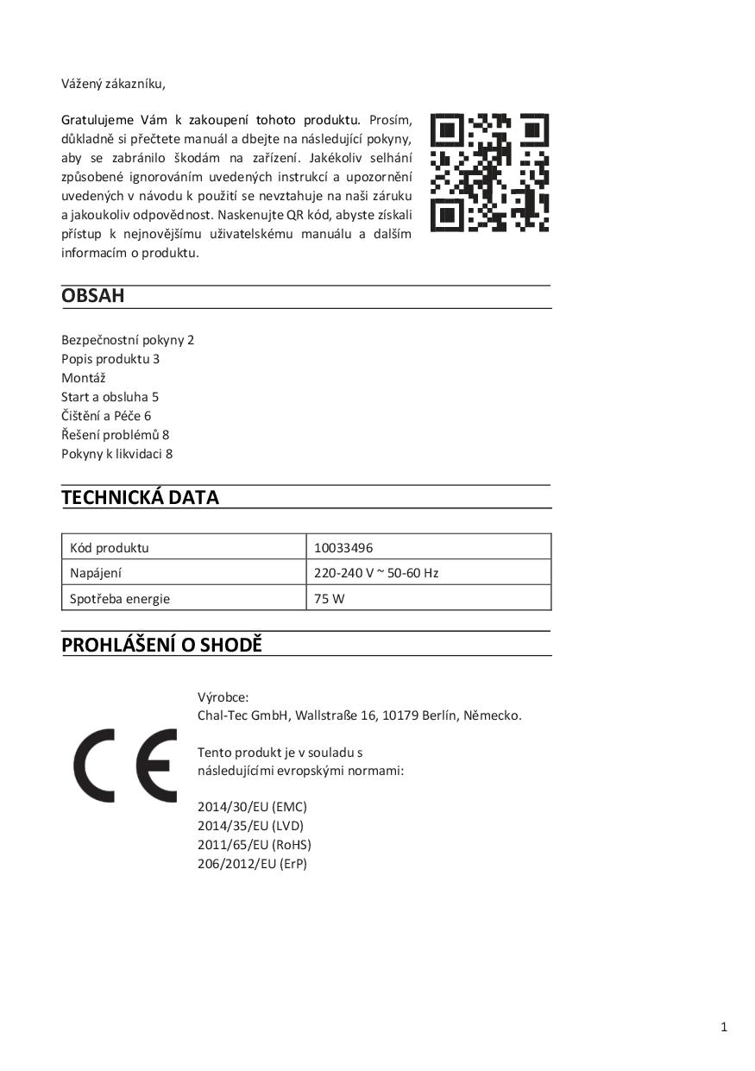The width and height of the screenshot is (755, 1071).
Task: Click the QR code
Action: point(489,173)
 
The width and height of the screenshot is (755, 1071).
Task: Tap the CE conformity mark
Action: point(125,765)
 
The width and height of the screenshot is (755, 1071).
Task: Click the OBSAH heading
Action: point(93,296)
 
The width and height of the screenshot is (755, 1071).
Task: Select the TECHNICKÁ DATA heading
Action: point(140,497)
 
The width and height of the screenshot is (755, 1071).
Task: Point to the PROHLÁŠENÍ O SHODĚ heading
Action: point(161,645)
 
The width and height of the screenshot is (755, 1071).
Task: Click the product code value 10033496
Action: point(343,547)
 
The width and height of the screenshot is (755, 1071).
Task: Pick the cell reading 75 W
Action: point(329,598)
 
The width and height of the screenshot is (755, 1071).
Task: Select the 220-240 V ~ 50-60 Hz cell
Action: point(376,572)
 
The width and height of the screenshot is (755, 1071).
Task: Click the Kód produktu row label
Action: point(109,547)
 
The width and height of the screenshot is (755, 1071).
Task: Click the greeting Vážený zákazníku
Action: point(113,84)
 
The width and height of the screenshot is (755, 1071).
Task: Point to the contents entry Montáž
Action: point(84,378)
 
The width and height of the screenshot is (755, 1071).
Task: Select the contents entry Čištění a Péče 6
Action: point(106,416)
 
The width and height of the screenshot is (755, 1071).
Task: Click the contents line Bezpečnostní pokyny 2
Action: point(128,340)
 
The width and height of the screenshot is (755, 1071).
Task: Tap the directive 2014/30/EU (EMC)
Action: point(252,807)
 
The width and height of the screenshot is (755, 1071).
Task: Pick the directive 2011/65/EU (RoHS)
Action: point(255,845)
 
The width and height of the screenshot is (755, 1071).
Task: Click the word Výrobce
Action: point(223,696)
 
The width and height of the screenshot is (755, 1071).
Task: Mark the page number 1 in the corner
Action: point(724,1026)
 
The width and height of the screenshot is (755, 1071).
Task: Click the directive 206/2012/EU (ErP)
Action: point(252,864)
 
